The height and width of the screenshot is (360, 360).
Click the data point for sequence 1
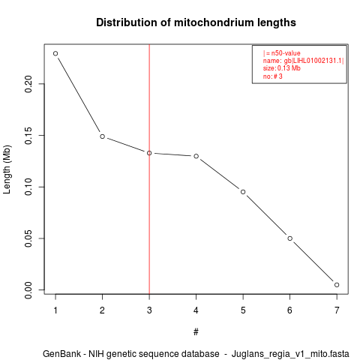(55, 53)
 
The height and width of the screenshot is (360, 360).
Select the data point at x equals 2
(102, 136)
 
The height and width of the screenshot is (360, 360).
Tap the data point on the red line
(149, 153)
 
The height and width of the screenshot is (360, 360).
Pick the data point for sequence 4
(196, 156)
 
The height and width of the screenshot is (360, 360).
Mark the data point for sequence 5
(243, 192)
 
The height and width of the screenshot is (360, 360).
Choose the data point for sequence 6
(290, 238)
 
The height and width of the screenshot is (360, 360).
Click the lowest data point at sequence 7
(337, 285)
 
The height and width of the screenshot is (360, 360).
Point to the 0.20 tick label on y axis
(28, 84)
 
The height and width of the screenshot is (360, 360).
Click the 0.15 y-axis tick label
(28, 136)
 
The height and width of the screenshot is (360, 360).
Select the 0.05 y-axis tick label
(28, 238)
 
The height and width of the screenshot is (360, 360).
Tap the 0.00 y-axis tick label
(28, 290)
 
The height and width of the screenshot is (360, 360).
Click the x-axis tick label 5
(243, 310)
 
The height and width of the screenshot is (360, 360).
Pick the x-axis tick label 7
(337, 310)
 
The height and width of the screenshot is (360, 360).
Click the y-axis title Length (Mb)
(7, 169)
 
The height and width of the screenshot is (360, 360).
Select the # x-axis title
(196, 331)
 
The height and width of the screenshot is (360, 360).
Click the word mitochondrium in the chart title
(210, 22)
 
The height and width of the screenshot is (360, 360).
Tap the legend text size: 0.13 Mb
(281, 68)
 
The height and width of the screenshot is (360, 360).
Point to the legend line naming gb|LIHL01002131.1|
(303, 61)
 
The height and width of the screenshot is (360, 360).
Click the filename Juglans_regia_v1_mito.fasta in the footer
(290, 354)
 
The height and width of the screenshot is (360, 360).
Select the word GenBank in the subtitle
(61, 354)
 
